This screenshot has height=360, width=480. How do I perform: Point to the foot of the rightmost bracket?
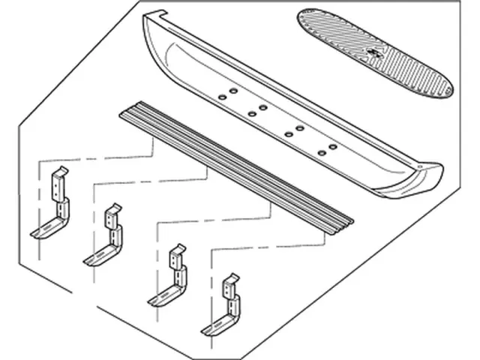click(214, 328)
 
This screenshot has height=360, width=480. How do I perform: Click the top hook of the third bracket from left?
click(177, 248)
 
